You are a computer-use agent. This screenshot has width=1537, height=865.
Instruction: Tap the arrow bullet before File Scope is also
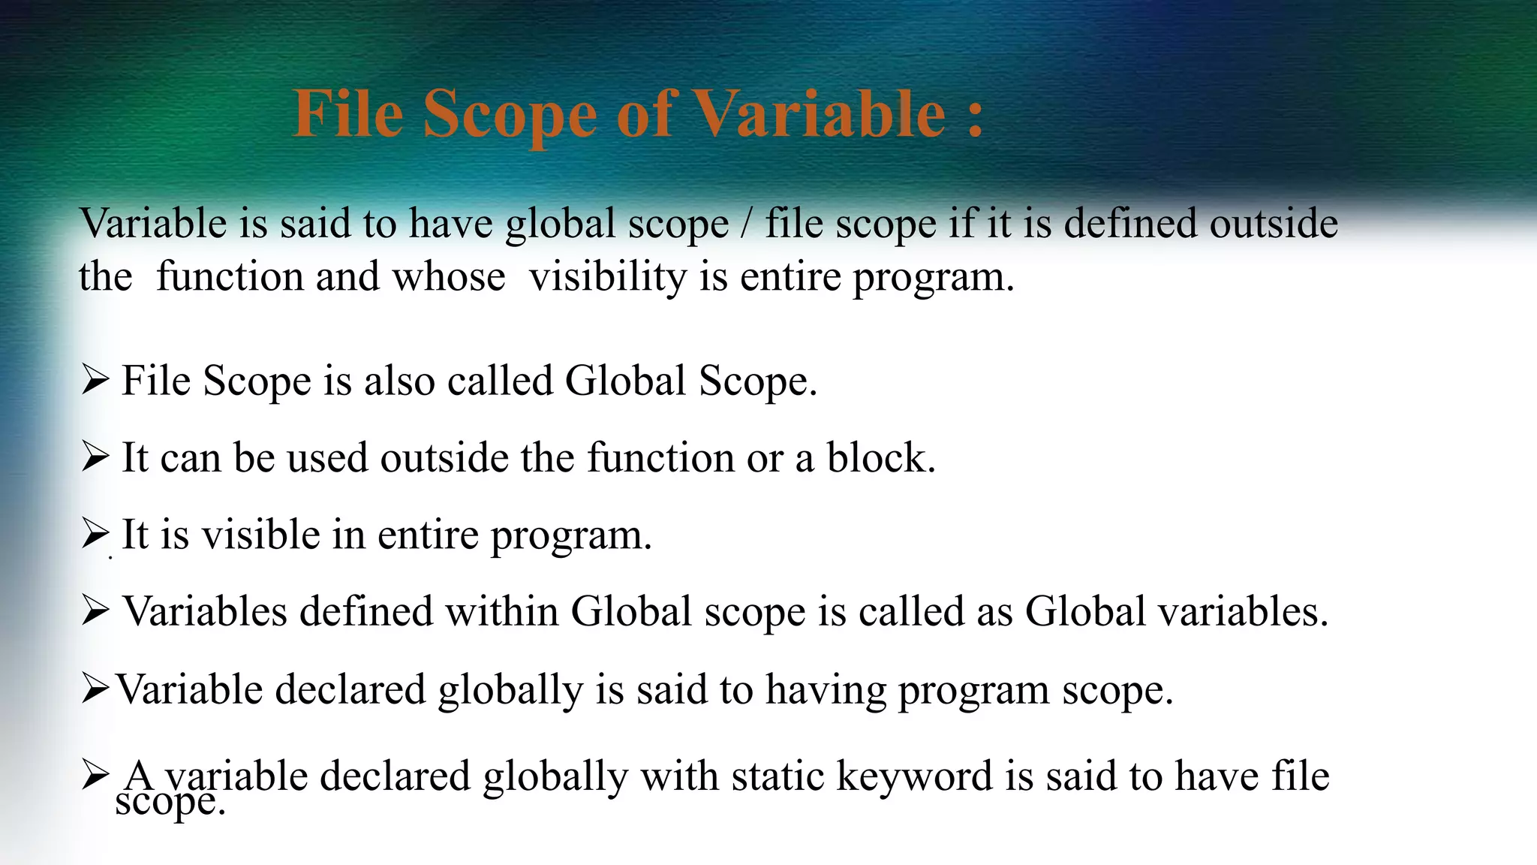(96, 380)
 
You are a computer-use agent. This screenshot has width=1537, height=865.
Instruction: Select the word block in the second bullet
(880, 457)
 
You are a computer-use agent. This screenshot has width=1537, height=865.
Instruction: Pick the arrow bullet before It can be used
(96, 457)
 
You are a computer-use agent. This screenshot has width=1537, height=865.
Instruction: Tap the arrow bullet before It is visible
(96, 534)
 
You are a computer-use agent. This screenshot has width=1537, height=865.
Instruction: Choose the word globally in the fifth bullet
(510, 689)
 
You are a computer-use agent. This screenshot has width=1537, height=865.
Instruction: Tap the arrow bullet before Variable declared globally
(96, 689)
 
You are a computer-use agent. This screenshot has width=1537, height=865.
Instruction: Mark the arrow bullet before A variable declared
(96, 774)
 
